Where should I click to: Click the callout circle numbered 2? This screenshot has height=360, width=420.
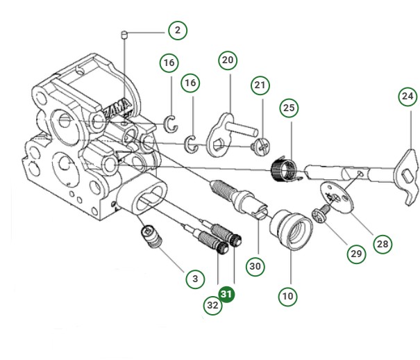coord(178,31)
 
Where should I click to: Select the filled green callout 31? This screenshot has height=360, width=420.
coord(226,294)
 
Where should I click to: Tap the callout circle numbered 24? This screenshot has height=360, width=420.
coord(408,96)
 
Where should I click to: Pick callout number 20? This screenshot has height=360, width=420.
coord(228,60)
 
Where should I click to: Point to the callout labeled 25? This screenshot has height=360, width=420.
coord(289,108)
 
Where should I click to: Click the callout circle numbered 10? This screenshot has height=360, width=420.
coord(288,296)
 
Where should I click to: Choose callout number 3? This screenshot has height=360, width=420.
coord(195,279)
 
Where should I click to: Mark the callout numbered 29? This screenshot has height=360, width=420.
coord(356,254)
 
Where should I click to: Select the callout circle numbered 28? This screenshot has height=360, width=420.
coord(382,243)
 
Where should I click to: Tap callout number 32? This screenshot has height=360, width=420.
coord(212,304)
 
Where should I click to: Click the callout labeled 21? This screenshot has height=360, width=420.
coord(260,85)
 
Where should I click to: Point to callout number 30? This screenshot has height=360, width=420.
coord(256,265)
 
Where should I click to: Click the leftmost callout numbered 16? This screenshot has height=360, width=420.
coord(169,63)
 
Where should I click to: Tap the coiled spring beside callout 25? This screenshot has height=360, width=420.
coord(281,170)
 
